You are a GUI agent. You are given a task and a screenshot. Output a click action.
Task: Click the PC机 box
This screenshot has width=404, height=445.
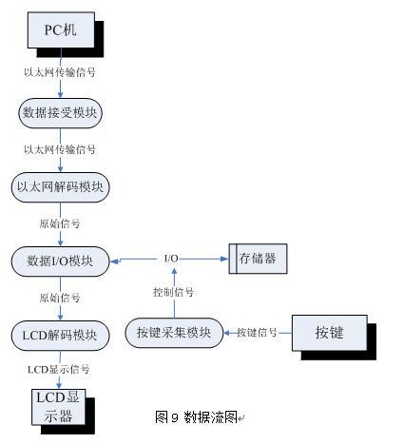61,30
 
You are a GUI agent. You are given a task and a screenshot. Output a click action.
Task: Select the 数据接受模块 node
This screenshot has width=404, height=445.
60,113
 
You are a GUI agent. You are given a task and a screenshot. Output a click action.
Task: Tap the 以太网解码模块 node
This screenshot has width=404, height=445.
60,187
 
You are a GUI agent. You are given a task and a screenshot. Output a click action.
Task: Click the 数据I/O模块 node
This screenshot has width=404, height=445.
60,261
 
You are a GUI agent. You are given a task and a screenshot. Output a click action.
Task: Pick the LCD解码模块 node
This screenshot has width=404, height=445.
60,336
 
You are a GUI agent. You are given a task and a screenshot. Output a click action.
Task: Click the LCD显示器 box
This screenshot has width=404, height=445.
58,407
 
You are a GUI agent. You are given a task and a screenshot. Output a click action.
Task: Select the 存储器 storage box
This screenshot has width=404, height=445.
258,259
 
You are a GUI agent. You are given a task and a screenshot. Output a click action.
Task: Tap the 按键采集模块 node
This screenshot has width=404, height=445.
174,333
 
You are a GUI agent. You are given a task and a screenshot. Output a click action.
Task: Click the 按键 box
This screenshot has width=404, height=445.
330,333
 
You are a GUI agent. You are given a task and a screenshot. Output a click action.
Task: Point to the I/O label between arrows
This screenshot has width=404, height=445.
171,259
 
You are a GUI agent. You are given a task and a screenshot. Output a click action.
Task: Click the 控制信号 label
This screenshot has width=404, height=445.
173,292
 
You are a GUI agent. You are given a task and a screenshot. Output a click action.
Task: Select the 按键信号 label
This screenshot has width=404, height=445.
257,333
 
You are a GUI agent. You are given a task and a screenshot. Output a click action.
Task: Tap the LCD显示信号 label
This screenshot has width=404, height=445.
59,370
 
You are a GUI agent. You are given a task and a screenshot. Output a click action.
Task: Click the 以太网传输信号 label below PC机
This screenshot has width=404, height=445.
60,72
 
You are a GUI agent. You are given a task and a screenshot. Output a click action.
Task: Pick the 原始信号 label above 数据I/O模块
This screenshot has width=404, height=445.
60,223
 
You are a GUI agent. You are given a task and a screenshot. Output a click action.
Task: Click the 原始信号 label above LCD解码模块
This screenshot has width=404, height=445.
60,298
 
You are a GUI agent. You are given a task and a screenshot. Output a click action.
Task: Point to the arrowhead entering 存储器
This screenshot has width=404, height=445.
224,259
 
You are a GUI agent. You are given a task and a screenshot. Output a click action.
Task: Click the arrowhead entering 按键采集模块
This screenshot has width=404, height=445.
227,333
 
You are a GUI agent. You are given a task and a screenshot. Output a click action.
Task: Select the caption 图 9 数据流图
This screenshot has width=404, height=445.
196,416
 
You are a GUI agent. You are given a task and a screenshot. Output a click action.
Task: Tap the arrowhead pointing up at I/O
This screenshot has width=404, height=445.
174,270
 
